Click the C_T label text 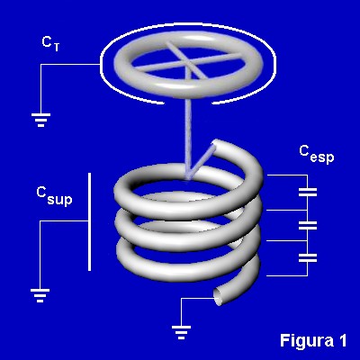click(x=50, y=44)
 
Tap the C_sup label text click(x=54, y=196)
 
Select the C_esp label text click(x=317, y=155)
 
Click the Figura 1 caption click(x=313, y=340)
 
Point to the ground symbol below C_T click(x=40, y=120)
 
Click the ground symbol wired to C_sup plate click(x=40, y=295)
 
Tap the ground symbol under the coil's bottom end click(x=181, y=332)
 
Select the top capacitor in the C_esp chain click(x=308, y=193)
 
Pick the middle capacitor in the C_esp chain click(x=308, y=225)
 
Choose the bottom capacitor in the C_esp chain click(x=308, y=257)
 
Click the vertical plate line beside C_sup click(x=89, y=221)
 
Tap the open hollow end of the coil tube click(x=220, y=297)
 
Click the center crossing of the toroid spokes click(x=188, y=62)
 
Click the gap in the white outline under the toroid click(x=188, y=103)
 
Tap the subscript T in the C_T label click(x=57, y=48)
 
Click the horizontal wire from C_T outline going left click(x=70, y=64)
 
